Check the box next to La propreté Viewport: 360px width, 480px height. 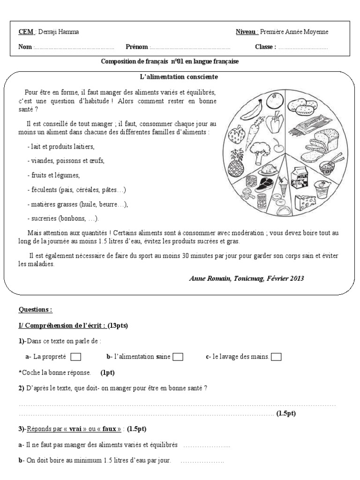pyautogui.click(x=76, y=357)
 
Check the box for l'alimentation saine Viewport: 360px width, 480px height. pyautogui.click(x=178, y=357)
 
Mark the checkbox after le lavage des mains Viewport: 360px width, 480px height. pyautogui.click(x=276, y=357)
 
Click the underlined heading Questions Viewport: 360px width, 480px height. pyautogui.click(x=35, y=310)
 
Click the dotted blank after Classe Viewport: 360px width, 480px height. pyautogui.click(x=303, y=47)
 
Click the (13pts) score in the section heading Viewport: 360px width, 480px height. pyautogui.click(x=118, y=325)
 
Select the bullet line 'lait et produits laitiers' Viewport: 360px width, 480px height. pyautogui.click(x=61, y=147)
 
